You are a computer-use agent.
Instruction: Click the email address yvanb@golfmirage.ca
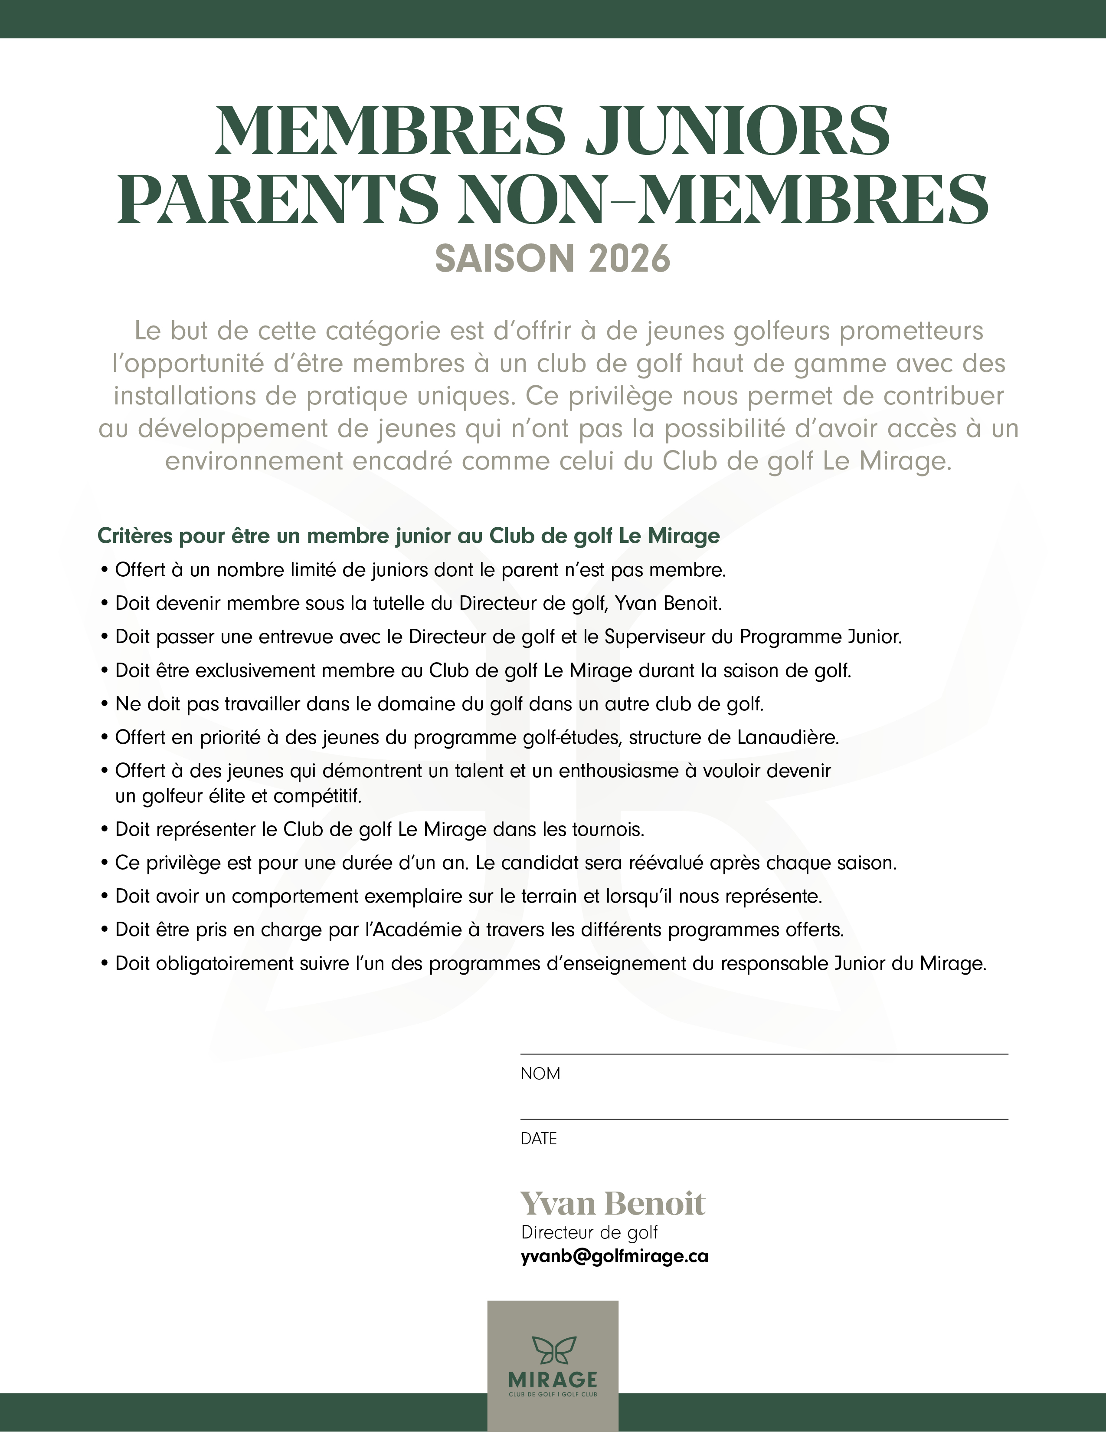(x=614, y=1256)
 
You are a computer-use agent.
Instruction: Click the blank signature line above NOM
(x=763, y=1054)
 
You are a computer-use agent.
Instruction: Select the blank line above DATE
(x=763, y=1119)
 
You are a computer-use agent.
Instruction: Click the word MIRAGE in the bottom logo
(x=553, y=1379)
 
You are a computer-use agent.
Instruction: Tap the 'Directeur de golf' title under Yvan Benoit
(x=589, y=1233)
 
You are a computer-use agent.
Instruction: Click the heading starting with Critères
(x=408, y=536)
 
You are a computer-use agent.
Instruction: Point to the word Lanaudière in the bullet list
(x=788, y=738)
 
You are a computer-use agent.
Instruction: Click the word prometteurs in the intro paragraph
(x=911, y=331)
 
